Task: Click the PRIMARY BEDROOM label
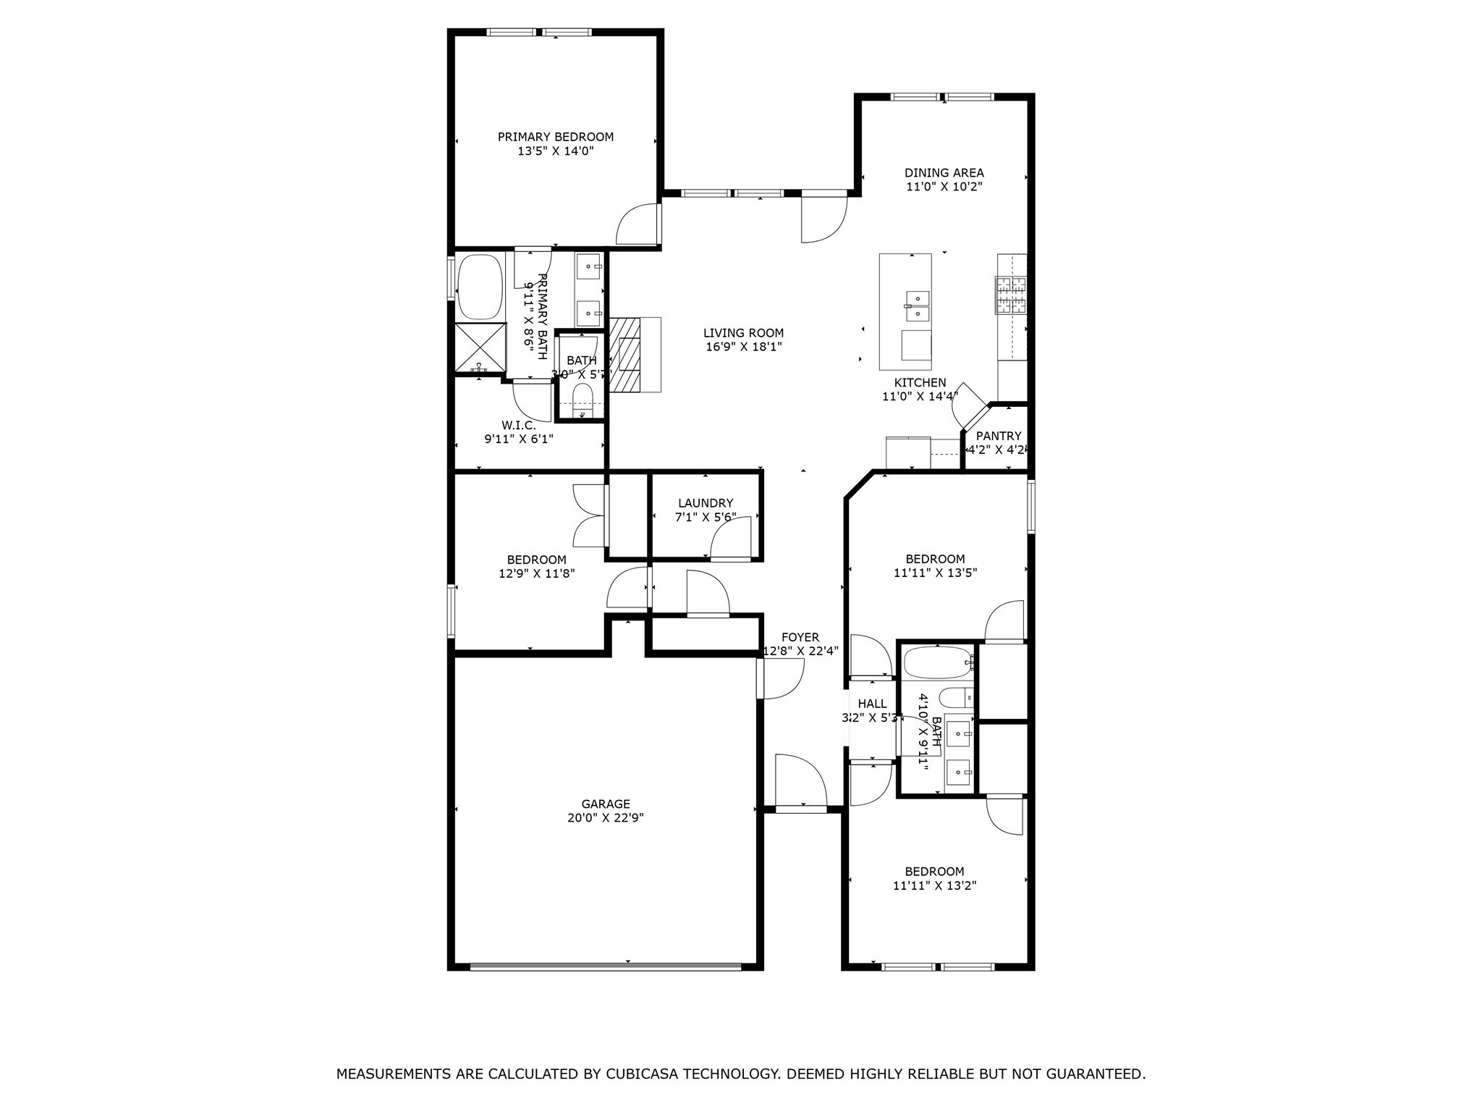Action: pyautogui.click(x=555, y=137)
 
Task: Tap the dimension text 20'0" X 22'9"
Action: pyautogui.click(x=606, y=818)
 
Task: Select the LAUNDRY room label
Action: pyautogui.click(x=706, y=503)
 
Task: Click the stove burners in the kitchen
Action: pyautogui.click(x=1011, y=295)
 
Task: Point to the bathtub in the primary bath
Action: pyautogui.click(x=480, y=287)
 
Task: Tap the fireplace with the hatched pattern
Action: pyautogui.click(x=624, y=355)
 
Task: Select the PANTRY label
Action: pyautogui.click(x=999, y=436)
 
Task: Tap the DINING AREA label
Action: pyautogui.click(x=944, y=173)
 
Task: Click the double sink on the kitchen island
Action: pyautogui.click(x=917, y=306)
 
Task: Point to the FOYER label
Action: pyautogui.click(x=800, y=637)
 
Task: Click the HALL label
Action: pyautogui.click(x=872, y=704)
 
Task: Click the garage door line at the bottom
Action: pyautogui.click(x=606, y=966)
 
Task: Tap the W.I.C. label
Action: pyautogui.click(x=518, y=425)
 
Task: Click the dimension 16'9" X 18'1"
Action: pyautogui.click(x=744, y=347)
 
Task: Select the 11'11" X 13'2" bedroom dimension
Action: pyautogui.click(x=935, y=885)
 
